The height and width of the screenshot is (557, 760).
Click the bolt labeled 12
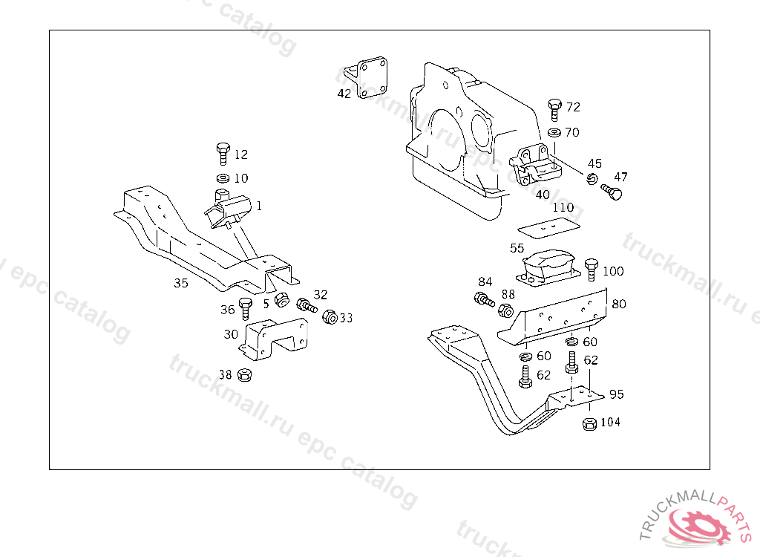(223, 154)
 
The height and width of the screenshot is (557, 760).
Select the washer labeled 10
(222, 178)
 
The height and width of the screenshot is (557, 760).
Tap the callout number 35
(181, 283)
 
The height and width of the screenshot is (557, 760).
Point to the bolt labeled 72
(554, 108)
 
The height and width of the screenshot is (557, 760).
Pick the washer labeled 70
(554, 132)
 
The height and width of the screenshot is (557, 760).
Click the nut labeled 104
(589, 424)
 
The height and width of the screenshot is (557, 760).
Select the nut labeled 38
(244, 375)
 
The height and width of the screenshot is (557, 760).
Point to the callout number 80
(618, 304)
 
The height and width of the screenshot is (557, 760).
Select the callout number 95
(617, 394)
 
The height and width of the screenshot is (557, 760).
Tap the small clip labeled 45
(592, 179)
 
